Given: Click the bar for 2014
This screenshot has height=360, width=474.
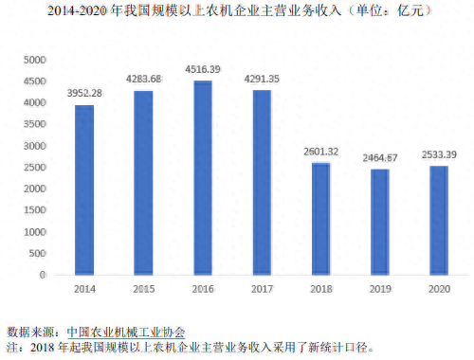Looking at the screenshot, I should tap(84, 189).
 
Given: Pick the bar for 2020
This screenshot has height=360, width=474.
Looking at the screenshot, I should tap(437, 220).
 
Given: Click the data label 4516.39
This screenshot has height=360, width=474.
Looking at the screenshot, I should tap(202, 68).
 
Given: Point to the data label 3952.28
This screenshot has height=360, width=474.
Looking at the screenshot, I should tap(84, 93).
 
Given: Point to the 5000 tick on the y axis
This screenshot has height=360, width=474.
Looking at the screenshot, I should tap(34, 59).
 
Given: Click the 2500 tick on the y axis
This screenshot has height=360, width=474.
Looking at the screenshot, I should tap(34, 167).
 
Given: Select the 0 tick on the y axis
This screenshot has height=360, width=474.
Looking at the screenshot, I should tap(42, 275).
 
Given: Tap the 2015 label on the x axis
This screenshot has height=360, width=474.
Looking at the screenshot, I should tap(143, 287).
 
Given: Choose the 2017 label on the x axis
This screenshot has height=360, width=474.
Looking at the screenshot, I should tap(261, 287).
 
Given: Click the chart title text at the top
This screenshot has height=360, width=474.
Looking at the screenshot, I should tap(237, 11).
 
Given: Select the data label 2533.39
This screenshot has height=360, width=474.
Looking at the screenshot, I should tap(437, 153).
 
